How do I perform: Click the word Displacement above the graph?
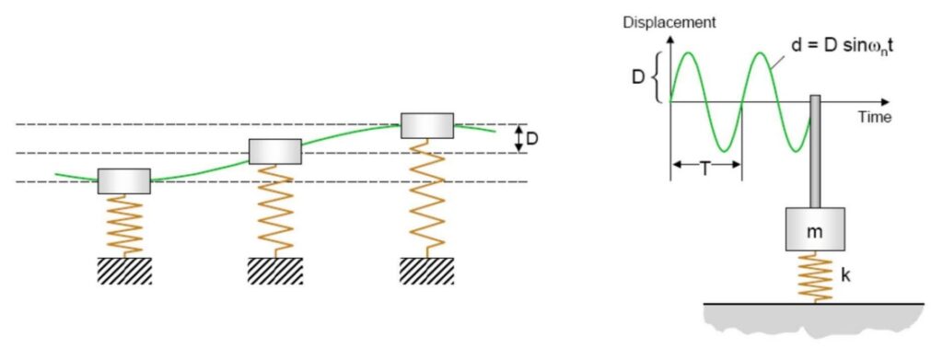[669, 23]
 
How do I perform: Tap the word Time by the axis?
[875, 117]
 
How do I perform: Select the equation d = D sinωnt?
[842, 46]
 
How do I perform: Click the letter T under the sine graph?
[705, 169]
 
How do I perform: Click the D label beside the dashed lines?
[532, 139]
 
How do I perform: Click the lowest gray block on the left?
[124, 180]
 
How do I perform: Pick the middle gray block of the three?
[274, 151]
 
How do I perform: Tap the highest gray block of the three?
[427, 125]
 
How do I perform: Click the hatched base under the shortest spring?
[124, 271]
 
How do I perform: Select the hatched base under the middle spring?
[275, 271]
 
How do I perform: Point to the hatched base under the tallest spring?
[427, 271]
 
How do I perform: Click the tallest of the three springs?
[427, 198]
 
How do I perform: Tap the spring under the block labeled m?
[815, 277]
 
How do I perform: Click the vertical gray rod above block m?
[816, 151]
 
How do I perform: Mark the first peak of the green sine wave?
[689, 52]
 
